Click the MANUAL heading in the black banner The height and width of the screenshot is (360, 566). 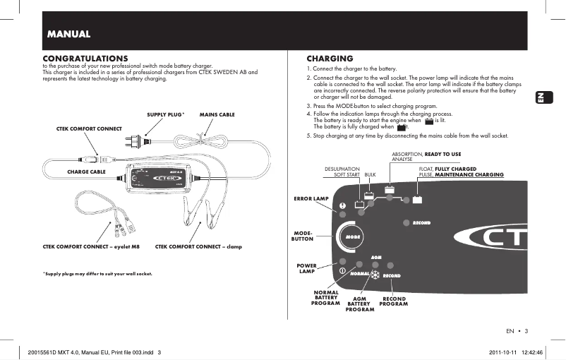pos(68,34)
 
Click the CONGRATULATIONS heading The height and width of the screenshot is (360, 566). pos(85,57)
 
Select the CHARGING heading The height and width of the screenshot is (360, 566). pos(330,57)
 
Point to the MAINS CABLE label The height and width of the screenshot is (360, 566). pos(217,114)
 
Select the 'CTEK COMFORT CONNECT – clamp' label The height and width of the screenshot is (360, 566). pos(198,246)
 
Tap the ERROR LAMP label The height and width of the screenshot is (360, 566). pos(311,199)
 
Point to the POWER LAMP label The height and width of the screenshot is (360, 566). pos(307,268)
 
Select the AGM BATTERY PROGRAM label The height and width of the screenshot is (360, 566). pos(359,304)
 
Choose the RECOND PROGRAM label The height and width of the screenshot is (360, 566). pos(394,301)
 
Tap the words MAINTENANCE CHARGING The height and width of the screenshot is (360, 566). pos(469,174)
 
